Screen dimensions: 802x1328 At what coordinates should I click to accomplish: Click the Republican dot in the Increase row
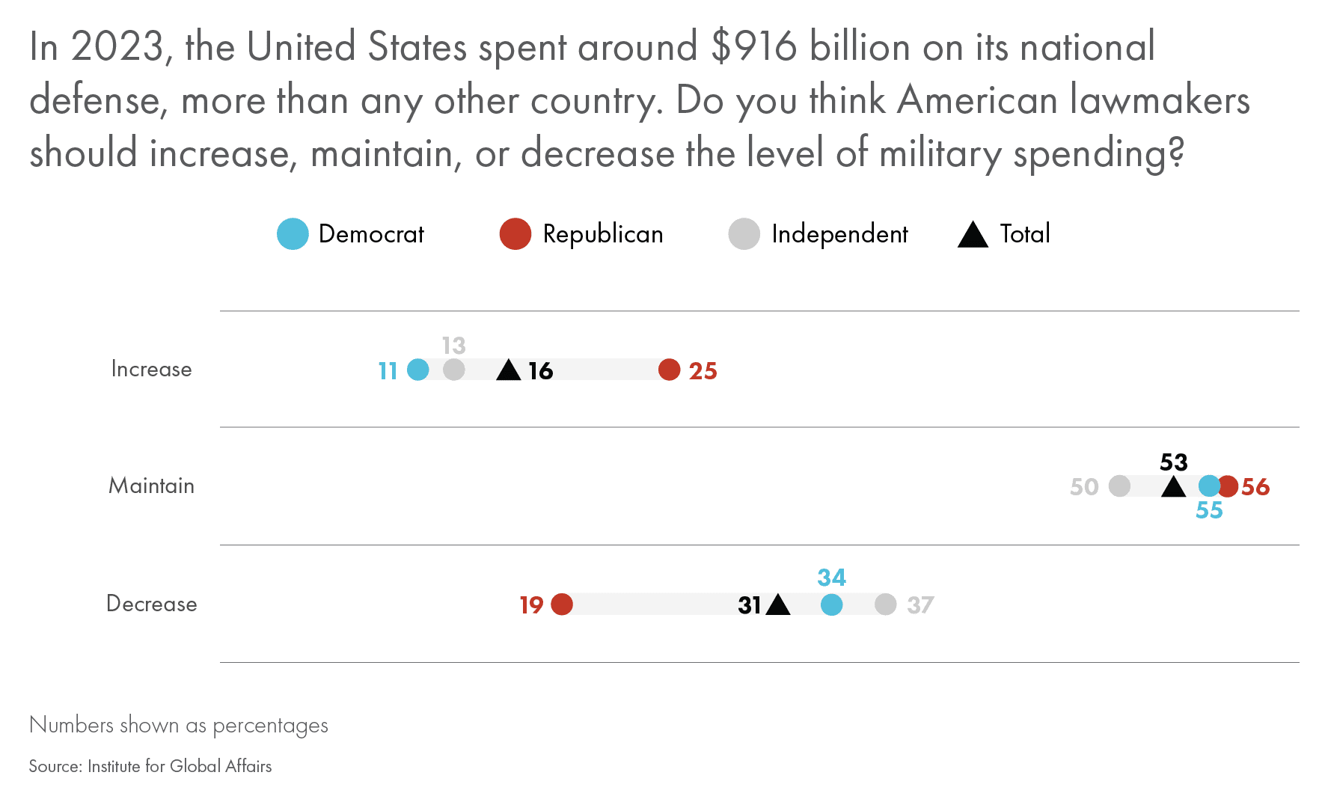669,370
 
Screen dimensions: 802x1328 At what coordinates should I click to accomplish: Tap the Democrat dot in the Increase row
417,370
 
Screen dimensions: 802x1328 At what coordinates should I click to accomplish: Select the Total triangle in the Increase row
509,370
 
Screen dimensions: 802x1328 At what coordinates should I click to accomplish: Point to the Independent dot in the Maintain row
1119,486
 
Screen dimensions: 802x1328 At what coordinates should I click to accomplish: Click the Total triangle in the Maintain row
1173,488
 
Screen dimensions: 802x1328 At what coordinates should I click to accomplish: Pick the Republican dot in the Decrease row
562,604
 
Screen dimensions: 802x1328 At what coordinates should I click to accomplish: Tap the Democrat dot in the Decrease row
831,604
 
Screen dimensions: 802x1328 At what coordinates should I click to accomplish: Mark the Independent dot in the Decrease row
885,604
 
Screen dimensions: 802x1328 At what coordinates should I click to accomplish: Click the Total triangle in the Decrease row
778,605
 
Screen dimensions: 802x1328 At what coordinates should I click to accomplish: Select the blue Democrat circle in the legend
293,234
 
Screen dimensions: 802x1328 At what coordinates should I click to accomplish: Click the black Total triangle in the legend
973,235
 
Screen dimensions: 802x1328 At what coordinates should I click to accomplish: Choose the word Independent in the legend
839,234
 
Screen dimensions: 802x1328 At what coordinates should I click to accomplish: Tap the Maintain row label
151,486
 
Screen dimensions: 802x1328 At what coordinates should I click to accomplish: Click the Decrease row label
151,604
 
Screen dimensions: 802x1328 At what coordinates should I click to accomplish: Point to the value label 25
703,371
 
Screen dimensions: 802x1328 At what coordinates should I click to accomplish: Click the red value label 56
1255,487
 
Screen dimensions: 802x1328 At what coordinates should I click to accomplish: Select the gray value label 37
920,605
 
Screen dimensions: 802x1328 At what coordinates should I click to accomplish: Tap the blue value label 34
831,578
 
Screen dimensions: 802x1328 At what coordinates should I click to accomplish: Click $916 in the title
753,46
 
